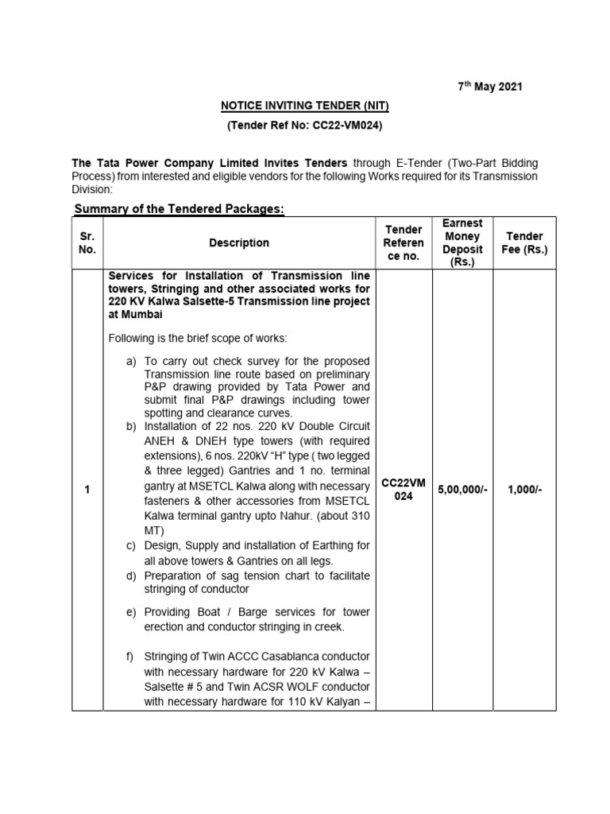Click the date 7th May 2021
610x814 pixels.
click(490, 86)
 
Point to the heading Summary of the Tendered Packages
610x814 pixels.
click(179, 208)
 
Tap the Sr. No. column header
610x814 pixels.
click(87, 242)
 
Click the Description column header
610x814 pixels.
click(239, 242)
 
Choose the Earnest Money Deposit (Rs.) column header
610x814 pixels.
click(462, 242)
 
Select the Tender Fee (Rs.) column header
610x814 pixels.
click(524, 242)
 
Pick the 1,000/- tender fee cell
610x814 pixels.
click(524, 490)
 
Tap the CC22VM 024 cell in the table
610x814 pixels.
click(403, 490)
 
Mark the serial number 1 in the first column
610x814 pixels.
click(87, 490)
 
